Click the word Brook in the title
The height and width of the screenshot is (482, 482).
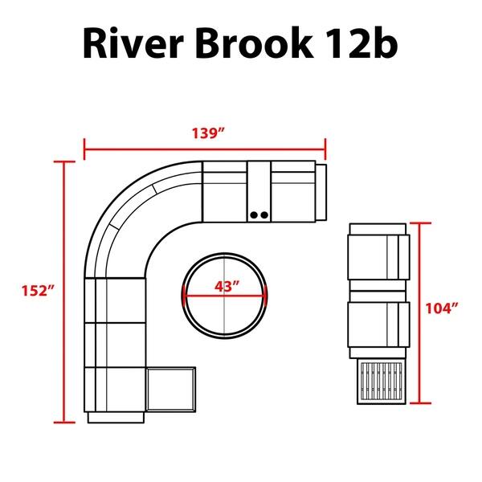click(259, 44)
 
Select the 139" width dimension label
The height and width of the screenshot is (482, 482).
click(205, 134)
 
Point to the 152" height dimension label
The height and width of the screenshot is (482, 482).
click(34, 291)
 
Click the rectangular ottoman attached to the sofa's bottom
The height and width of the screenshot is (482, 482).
click(171, 390)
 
